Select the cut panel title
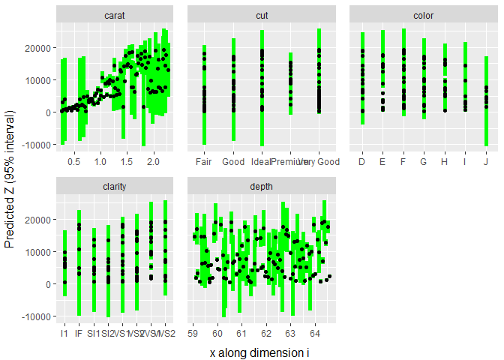point(261,15)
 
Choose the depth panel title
point(261,187)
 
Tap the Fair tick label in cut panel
point(204,162)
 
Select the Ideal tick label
point(262,162)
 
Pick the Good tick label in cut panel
point(233,162)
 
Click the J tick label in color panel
point(486,162)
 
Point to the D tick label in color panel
point(362,162)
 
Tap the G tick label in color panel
point(424,162)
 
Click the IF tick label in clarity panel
point(79,333)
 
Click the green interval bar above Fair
point(204,112)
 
